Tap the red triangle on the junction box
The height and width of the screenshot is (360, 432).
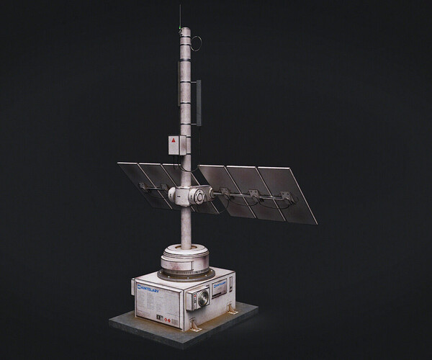point(174,141)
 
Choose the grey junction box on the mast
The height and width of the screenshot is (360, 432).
point(175,144)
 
